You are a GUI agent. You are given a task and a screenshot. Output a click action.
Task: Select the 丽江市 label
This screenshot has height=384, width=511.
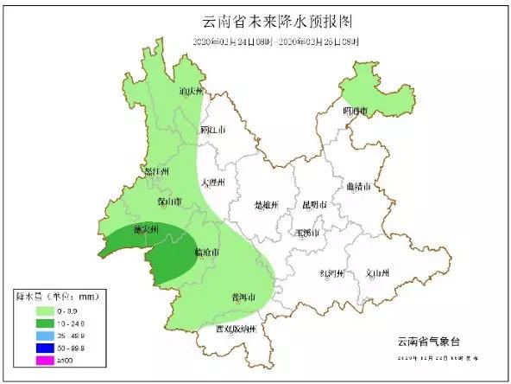(212, 130)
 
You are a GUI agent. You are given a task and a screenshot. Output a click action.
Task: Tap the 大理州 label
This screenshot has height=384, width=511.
(212, 183)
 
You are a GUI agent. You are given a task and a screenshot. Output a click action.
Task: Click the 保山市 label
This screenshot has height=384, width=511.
(169, 202)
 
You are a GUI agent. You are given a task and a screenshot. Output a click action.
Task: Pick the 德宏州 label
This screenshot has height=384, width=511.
(145, 229)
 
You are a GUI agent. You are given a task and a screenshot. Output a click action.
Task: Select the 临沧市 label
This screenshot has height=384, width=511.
(205, 253)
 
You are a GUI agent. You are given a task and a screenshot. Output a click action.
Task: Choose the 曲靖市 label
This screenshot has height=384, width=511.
(357, 186)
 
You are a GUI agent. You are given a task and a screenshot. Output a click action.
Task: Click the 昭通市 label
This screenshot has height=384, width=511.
(355, 111)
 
